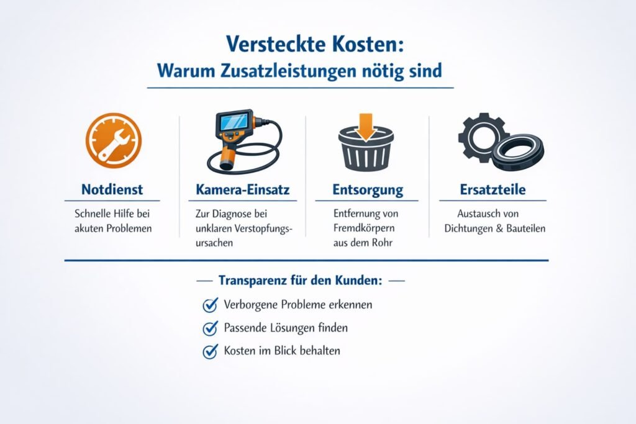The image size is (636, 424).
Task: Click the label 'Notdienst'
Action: click(x=112, y=189)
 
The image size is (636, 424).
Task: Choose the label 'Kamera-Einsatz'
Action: click(x=242, y=189)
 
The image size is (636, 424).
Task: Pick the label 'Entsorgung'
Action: click(x=367, y=189)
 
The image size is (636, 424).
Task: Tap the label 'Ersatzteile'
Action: click(x=493, y=189)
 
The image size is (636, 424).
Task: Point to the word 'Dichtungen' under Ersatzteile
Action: click(x=470, y=228)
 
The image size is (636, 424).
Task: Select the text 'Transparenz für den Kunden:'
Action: click(x=300, y=280)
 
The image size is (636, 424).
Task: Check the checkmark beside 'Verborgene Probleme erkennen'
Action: click(x=210, y=305)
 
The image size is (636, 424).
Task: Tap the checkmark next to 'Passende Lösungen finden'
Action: click(x=210, y=328)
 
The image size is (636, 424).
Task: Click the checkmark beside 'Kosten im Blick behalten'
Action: click(x=210, y=351)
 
